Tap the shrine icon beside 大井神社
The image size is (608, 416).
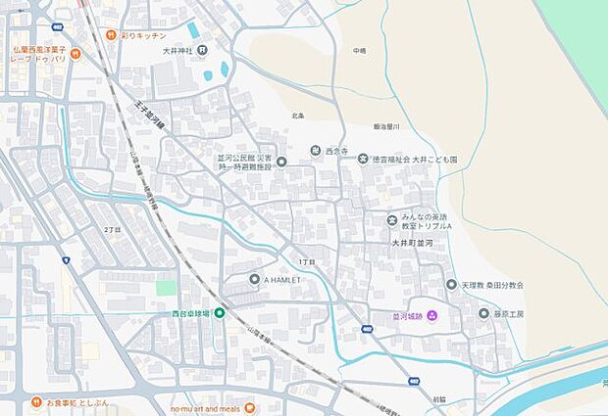tap(201, 50)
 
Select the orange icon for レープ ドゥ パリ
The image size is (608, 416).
tap(75, 54)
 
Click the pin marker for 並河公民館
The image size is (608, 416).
tap(281, 162)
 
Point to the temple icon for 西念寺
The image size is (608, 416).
tap(316, 150)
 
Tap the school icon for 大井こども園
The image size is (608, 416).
tap(362, 159)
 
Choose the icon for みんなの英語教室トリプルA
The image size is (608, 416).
tap(392, 220)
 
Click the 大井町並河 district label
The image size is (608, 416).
tap(412, 242)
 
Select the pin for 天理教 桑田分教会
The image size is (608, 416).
tap(451, 285)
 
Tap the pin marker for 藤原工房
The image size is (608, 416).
tap(483, 314)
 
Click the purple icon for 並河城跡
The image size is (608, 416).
tap(431, 314)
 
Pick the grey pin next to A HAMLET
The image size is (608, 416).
tap(254, 280)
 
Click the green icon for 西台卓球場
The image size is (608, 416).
tap(220, 313)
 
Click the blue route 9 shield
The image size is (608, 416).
tap(66, 260)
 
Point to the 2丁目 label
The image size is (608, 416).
tap(112, 229)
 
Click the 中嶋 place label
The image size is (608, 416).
tap(360, 50)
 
